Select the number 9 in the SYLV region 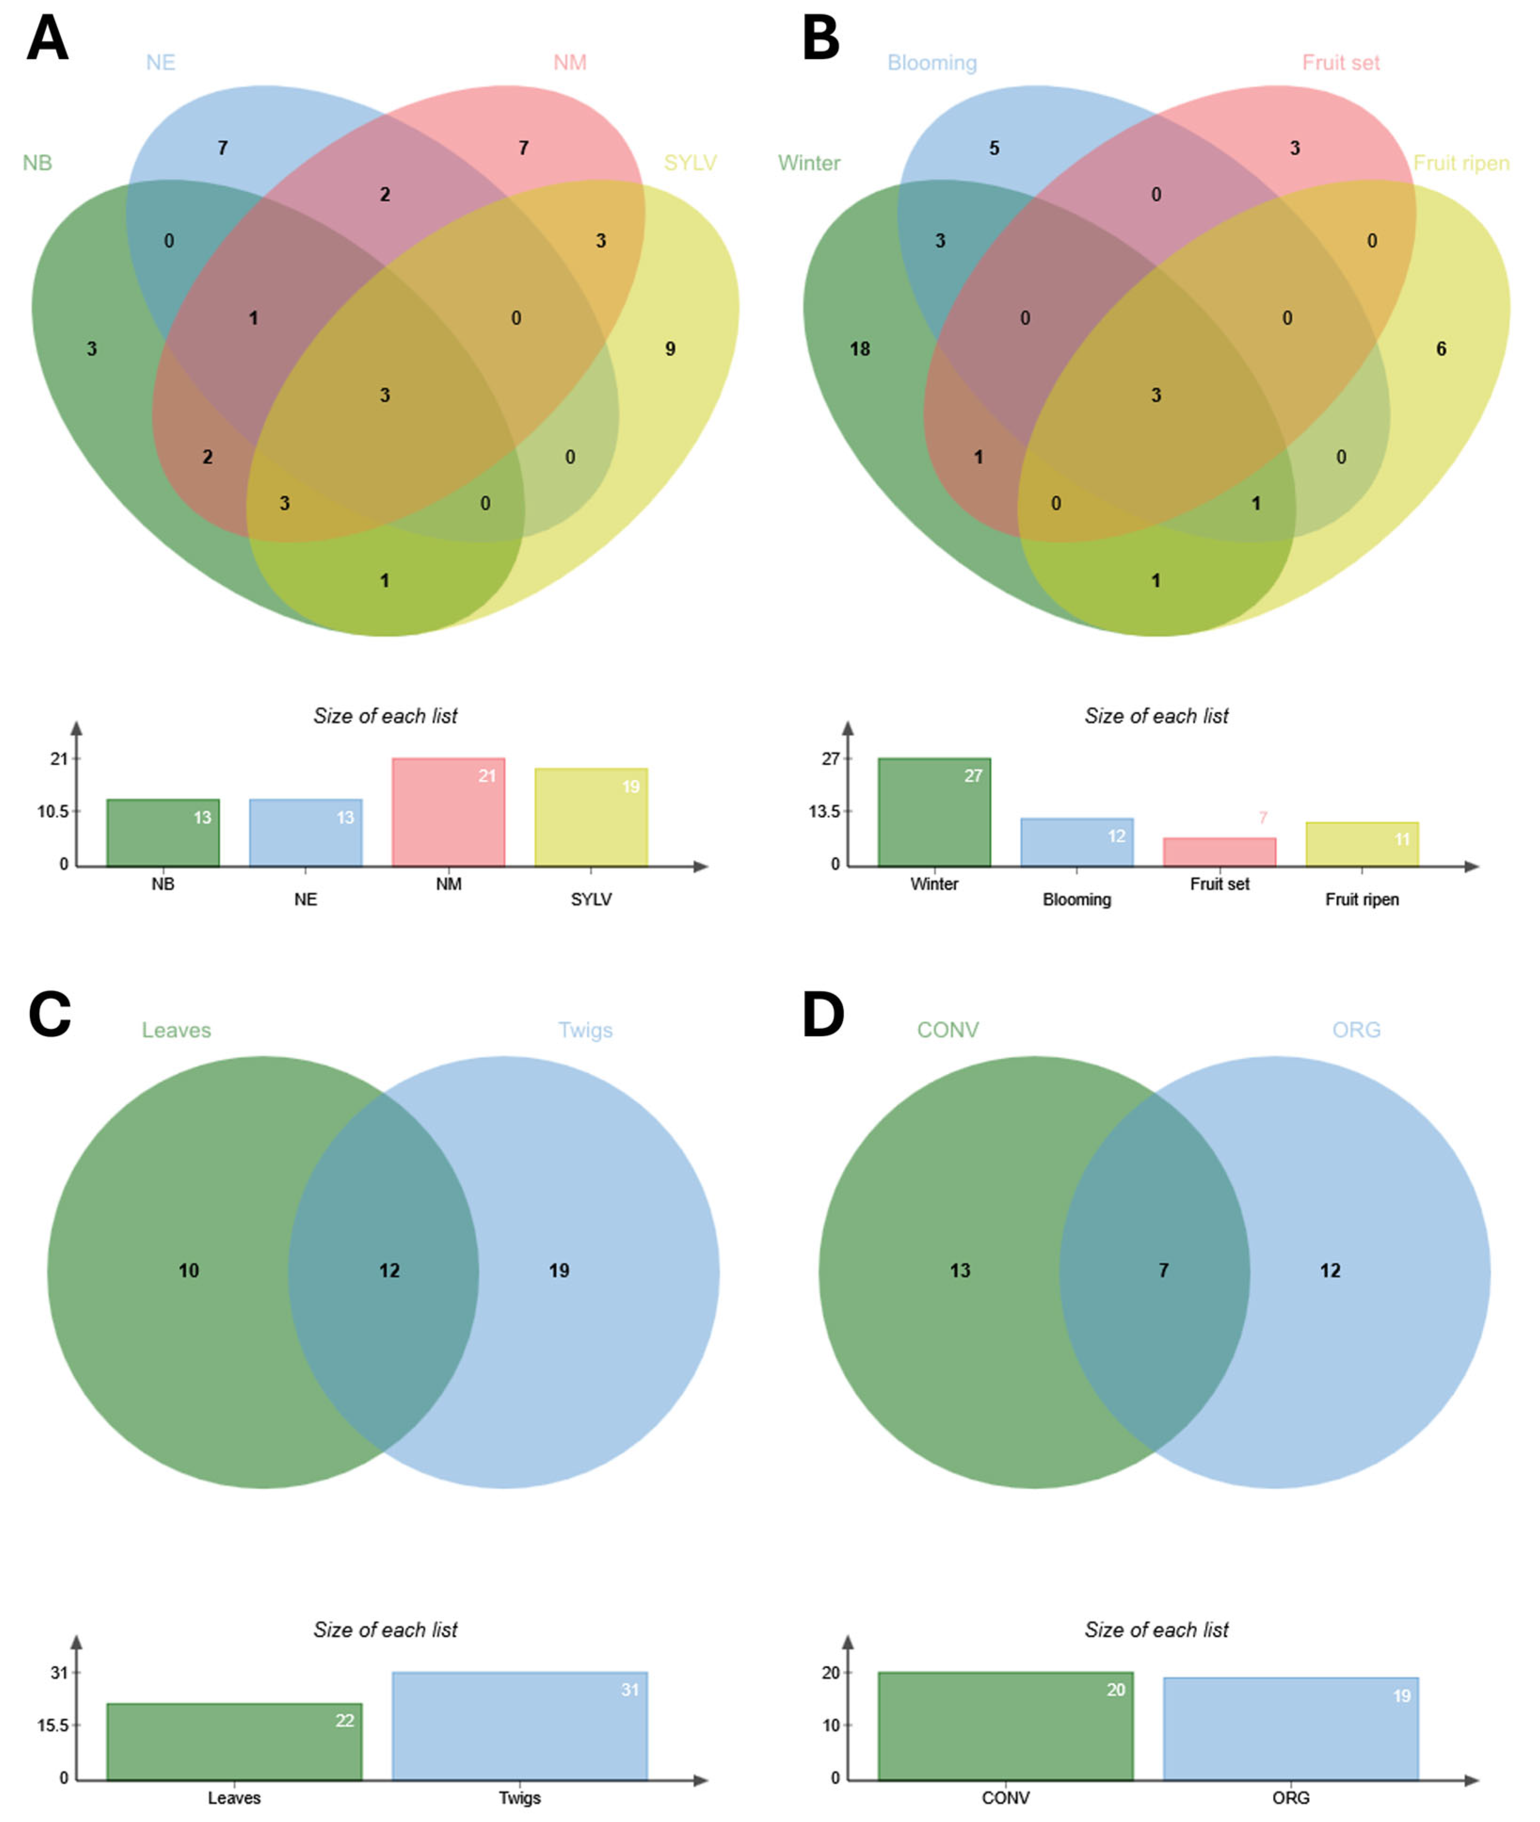[670, 349]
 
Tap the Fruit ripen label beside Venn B [1460, 163]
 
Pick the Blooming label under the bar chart [1077, 899]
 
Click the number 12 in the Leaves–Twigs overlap [390, 1270]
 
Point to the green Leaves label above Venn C [176, 1030]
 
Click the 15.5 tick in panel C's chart [52, 1725]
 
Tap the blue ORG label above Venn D [1356, 1030]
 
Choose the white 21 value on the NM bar [486, 775]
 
